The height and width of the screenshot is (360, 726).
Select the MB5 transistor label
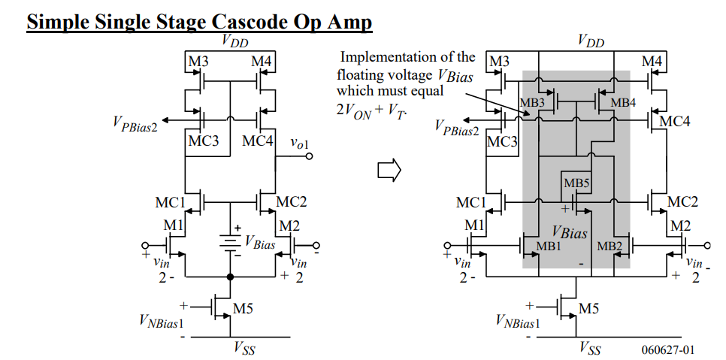[x=576, y=183]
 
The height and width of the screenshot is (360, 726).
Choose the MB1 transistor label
[x=549, y=247]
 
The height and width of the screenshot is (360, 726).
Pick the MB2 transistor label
[x=610, y=247]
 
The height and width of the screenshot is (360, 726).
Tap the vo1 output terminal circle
[x=309, y=156]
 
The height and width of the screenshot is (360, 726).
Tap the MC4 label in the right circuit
[x=675, y=121]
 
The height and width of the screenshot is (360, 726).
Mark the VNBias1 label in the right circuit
[x=518, y=323]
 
